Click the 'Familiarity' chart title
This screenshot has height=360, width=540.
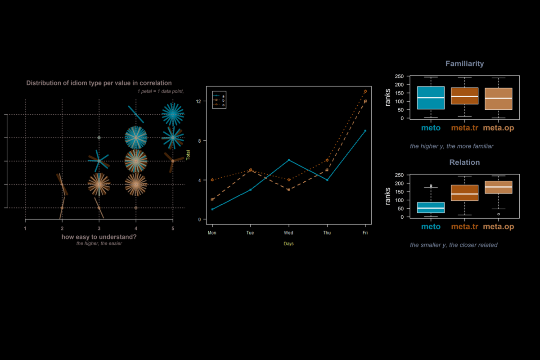pos(464,64)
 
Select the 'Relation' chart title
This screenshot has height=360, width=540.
pos(464,162)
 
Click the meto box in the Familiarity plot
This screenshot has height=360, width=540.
pos(431,98)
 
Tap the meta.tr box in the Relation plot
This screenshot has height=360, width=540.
pos(464,193)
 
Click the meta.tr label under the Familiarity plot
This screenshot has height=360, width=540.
pos(464,128)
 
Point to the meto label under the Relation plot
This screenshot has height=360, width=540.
pos(431,226)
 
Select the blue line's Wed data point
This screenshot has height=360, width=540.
pos(288,160)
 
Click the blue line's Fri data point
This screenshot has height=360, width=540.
pos(365,130)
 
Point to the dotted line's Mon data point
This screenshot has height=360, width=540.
pos(212,180)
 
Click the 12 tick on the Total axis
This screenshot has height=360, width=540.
pos(198,101)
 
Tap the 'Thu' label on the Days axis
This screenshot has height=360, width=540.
pos(327,233)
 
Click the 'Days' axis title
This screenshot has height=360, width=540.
pos(288,244)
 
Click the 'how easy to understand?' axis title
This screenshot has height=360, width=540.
pos(99,237)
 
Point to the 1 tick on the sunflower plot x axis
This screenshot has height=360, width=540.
pos(25,229)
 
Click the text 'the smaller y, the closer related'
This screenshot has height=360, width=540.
pos(454,245)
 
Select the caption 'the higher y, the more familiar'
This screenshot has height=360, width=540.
pos(451,146)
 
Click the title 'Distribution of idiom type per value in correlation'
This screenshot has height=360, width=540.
pos(99,83)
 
